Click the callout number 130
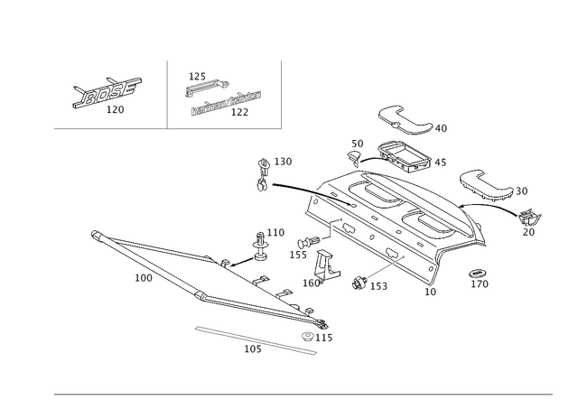tap(284, 163)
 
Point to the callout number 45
tap(442, 163)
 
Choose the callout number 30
tap(522, 191)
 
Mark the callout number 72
tap(529, 231)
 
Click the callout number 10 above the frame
tap(356, 143)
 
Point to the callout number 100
tap(143, 278)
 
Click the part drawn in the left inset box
tap(106, 91)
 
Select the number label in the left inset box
tap(115, 110)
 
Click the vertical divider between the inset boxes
tap(169, 93)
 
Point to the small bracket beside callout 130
tap(263, 177)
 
